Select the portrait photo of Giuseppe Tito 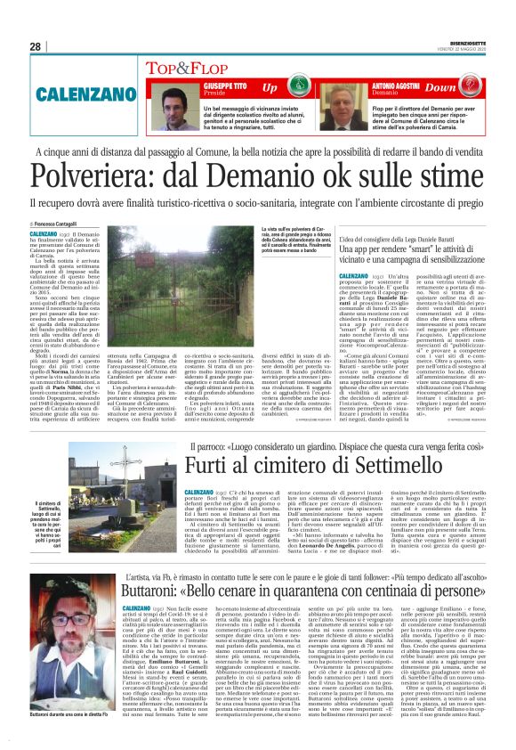(x=176, y=108)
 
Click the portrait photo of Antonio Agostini (x=351, y=108)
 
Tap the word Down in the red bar (x=464, y=87)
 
